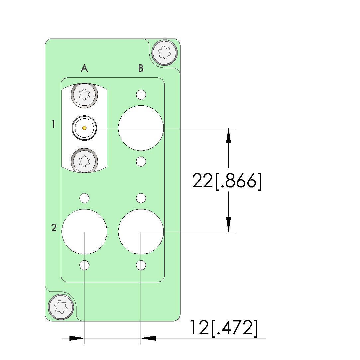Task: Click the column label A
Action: click(x=84, y=68)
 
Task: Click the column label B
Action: click(x=141, y=68)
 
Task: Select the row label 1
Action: click(x=54, y=124)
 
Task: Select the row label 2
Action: click(x=54, y=228)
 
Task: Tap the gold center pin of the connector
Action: click(x=84, y=128)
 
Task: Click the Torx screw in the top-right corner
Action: click(x=165, y=53)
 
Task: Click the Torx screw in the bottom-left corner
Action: click(x=61, y=307)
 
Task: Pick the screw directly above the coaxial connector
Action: click(x=84, y=94)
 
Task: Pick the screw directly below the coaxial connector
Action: click(x=84, y=161)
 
